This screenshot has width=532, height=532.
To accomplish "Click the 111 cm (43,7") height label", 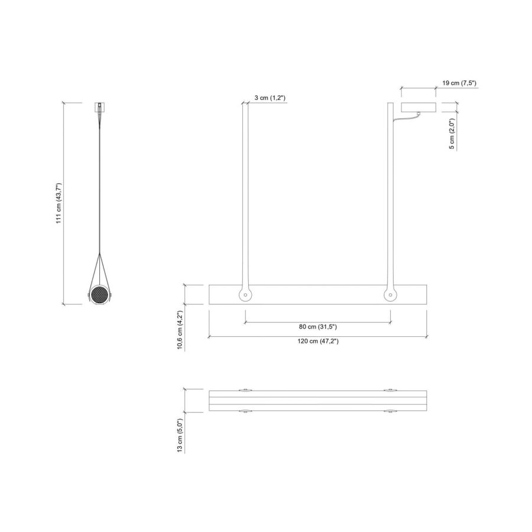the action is (x=59, y=203).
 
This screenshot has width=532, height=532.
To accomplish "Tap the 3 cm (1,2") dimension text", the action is (x=270, y=98).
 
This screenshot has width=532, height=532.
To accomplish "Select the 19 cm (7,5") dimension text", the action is (x=459, y=83).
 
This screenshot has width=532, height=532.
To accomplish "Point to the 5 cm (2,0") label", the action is (x=452, y=134).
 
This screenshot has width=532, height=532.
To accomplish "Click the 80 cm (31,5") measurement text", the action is (x=318, y=326).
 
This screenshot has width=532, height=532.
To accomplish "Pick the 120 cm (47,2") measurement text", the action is (x=318, y=341).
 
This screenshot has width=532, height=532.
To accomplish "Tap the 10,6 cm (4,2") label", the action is (x=180, y=330).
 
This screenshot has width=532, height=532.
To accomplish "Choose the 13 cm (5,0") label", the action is (x=180, y=435).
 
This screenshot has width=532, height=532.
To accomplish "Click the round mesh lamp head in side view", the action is (x=100, y=295).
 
